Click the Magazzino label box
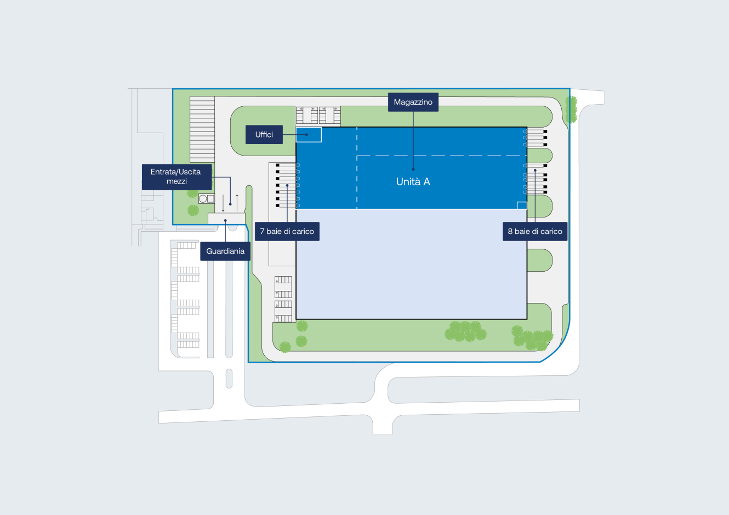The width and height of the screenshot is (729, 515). (413, 102)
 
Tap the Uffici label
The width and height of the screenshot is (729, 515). (264, 135)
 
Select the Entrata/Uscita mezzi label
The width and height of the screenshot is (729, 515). (176, 176)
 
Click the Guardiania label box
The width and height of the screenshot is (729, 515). (225, 251)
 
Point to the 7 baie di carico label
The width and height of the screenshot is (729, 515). (287, 232)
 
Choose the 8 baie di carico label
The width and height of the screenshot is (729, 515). (535, 232)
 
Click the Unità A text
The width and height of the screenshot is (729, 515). (413, 182)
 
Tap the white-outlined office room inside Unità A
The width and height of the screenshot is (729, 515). (309, 135)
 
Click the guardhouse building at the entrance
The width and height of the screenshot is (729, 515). (226, 219)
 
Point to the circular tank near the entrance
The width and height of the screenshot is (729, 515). (203, 199)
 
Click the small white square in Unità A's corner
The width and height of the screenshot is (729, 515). (522, 205)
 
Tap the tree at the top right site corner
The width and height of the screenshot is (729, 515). (571, 108)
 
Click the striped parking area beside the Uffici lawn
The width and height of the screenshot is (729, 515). (202, 129)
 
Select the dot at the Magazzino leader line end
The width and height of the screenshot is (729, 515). (413, 169)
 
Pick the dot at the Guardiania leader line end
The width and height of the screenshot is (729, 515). (225, 221)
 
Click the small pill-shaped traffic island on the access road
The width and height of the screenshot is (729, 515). (229, 379)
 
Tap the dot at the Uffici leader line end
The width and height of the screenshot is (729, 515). (306, 135)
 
